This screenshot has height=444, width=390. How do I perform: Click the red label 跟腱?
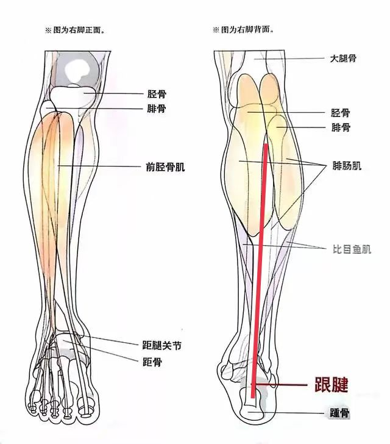[331, 384]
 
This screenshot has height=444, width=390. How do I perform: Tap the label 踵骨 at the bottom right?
[339, 414]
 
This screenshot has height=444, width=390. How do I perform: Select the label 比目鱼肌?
[352, 249]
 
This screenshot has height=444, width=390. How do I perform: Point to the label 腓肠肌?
[347, 165]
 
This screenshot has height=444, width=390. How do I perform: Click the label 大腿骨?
[344, 59]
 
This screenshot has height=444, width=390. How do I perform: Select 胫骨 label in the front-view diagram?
[157, 94]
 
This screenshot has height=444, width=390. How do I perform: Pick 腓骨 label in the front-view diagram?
[157, 109]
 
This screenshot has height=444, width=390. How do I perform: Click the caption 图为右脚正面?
[73, 29]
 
